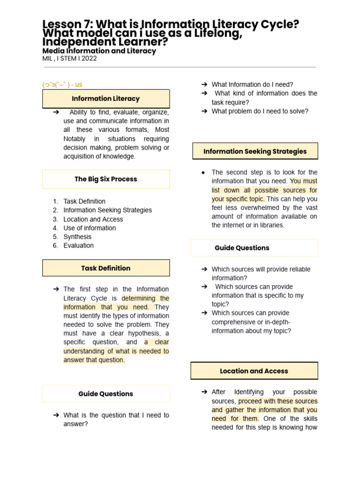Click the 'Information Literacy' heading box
click(106, 99)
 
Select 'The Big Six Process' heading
click(106, 179)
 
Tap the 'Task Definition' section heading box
click(106, 268)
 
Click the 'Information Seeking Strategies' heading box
click(255, 151)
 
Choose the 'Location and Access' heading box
click(254, 371)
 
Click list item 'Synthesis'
click(77, 237)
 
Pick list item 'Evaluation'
click(78, 246)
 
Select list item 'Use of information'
click(90, 228)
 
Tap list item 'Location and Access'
click(93, 219)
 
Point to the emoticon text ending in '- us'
click(62, 85)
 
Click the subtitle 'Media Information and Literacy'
click(99, 51)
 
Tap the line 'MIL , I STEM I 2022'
click(69, 59)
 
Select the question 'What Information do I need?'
click(252, 84)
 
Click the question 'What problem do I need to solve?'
click(260, 111)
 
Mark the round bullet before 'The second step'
click(203, 172)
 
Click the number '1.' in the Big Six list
click(55, 202)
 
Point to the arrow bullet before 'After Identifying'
click(204, 392)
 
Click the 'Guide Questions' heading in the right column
click(242, 248)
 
